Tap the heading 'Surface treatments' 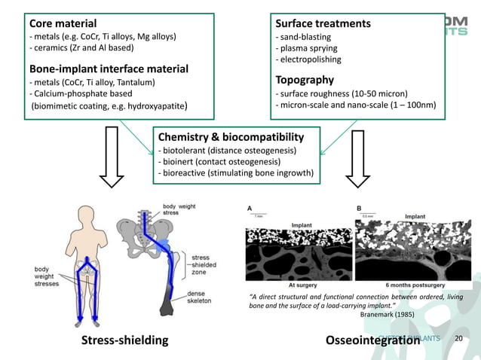323,23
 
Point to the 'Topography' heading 305,80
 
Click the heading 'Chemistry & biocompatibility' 231,137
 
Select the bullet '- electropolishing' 309,59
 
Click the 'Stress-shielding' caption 125,340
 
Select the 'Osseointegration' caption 372,340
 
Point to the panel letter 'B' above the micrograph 359,207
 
